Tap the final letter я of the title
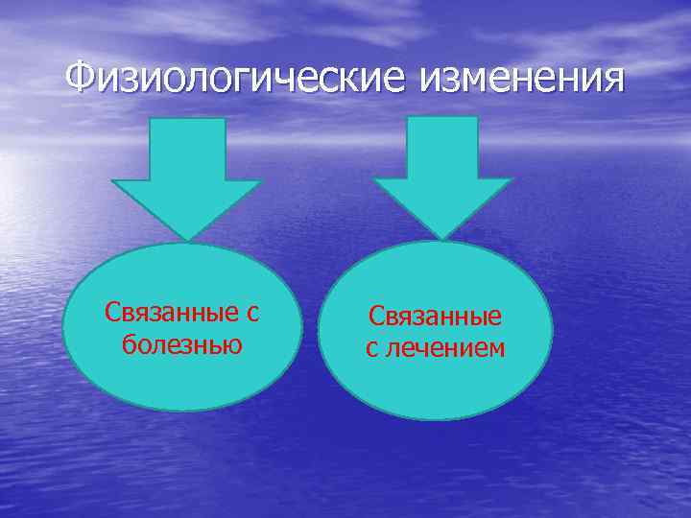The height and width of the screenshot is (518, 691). point(613,81)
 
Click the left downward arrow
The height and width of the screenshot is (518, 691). point(188,177)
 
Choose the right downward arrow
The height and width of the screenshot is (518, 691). point(442,177)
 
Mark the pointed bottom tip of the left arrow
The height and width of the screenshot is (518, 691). point(188,239)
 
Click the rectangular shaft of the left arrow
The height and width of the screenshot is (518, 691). point(188,149)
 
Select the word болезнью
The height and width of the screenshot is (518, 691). point(182,343)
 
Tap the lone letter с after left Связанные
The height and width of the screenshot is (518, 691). point(254,314)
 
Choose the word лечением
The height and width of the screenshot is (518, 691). point(446,348)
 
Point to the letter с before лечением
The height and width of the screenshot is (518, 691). point(371,349)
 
